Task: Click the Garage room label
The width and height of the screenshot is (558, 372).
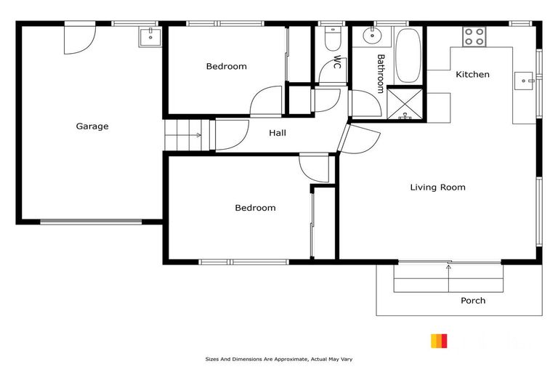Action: coord(92,126)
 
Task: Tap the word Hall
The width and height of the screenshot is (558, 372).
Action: coord(278,133)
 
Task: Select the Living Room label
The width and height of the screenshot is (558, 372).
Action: coord(437,187)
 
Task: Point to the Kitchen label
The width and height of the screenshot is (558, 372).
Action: coord(472,74)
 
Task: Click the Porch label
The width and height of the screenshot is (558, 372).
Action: coord(473,300)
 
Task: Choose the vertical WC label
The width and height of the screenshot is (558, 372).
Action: coord(337,61)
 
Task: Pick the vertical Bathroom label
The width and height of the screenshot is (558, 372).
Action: coord(380,73)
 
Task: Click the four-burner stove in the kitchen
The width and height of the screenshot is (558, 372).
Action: coord(474,36)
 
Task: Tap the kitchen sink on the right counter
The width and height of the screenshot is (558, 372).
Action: coord(524,81)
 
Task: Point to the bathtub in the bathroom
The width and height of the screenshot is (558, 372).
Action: coord(408,55)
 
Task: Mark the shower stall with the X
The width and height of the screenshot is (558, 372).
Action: coord(405,103)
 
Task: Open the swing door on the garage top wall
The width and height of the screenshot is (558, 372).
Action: coord(80,39)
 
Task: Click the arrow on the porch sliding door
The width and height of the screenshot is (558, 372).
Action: coord(449,267)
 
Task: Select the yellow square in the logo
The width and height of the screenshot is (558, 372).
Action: coord(435,341)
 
